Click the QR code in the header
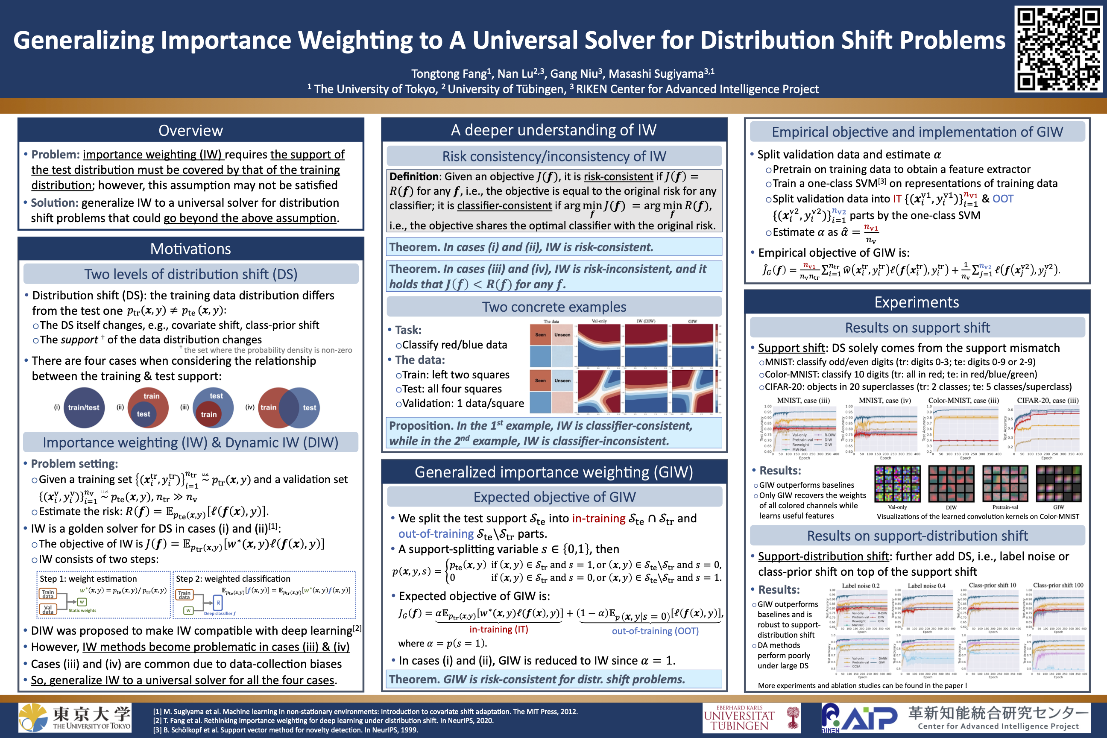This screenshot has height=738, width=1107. click(x=1057, y=49)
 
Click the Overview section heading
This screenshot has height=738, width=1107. click(x=190, y=130)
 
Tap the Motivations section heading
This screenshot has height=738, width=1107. click(x=190, y=249)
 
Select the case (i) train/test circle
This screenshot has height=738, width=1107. click(x=84, y=407)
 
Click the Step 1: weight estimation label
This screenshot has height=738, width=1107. click(x=88, y=578)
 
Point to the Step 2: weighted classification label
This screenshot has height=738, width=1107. click(x=233, y=578)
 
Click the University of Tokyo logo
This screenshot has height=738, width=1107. click(x=75, y=718)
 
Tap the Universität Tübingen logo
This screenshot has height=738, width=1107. click(x=751, y=718)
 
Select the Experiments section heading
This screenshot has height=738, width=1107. click(x=917, y=302)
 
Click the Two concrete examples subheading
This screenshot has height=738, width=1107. click(x=554, y=307)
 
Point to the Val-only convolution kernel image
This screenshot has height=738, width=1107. click(x=897, y=484)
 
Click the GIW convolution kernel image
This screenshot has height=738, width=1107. click(x=1058, y=484)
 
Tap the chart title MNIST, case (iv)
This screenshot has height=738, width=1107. click(x=885, y=401)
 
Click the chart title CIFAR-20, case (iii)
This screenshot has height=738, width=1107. click(x=1048, y=401)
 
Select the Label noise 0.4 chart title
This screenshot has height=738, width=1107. click(x=926, y=586)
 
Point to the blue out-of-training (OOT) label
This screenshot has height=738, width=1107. click(x=655, y=631)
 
